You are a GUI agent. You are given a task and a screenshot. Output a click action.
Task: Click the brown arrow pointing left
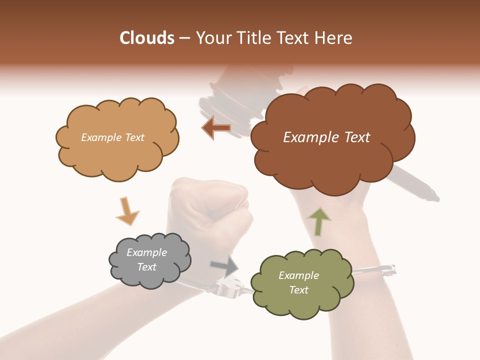[216, 128]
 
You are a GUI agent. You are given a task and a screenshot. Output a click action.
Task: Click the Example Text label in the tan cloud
[112, 137]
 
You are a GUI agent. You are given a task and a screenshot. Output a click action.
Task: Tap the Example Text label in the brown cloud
[326, 137]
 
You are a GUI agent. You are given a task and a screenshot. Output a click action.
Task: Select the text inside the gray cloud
[146, 259]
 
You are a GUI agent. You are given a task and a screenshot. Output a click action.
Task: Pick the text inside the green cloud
[298, 282]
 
